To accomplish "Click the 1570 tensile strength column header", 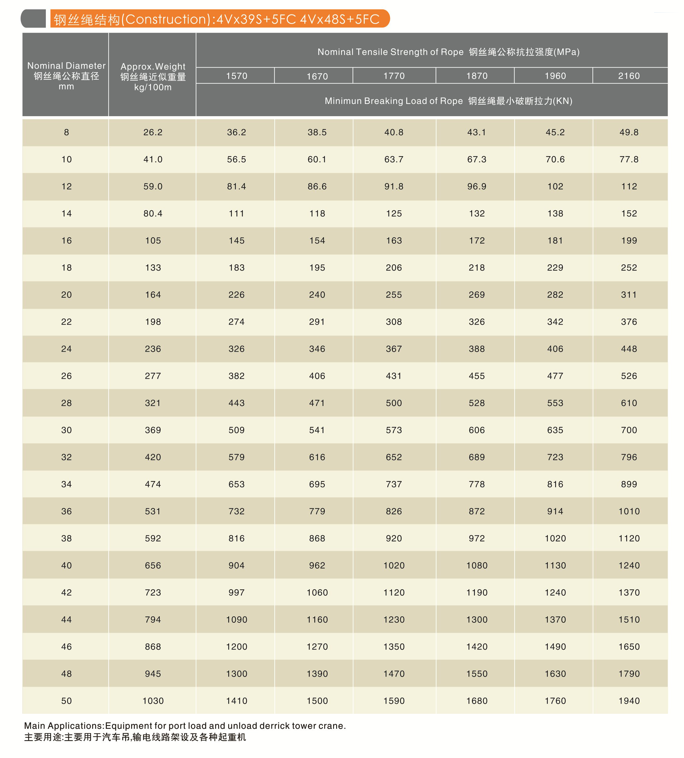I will pos(237,76).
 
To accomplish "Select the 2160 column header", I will pos(629,76).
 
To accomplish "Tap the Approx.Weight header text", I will pos(153,66).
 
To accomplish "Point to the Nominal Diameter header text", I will pos(66,66).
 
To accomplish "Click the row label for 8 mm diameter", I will pos(66,132).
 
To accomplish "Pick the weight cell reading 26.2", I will pos(153,132).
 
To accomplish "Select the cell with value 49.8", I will pos(629,132).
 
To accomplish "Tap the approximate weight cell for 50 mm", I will pos(153,701).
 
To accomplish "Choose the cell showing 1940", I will pos(629,701).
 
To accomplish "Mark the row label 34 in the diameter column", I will pos(66,484).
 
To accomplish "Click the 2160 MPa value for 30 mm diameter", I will pos(629,430).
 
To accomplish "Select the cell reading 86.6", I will pos(317,186).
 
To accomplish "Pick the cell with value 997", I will pos(237,592).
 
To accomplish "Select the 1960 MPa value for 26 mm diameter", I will pos(555,376).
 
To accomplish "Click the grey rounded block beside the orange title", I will pos(34,19).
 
